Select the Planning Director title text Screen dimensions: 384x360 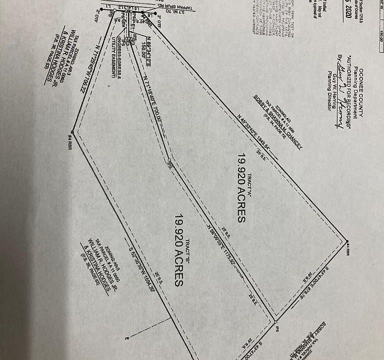click(x=329, y=95)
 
